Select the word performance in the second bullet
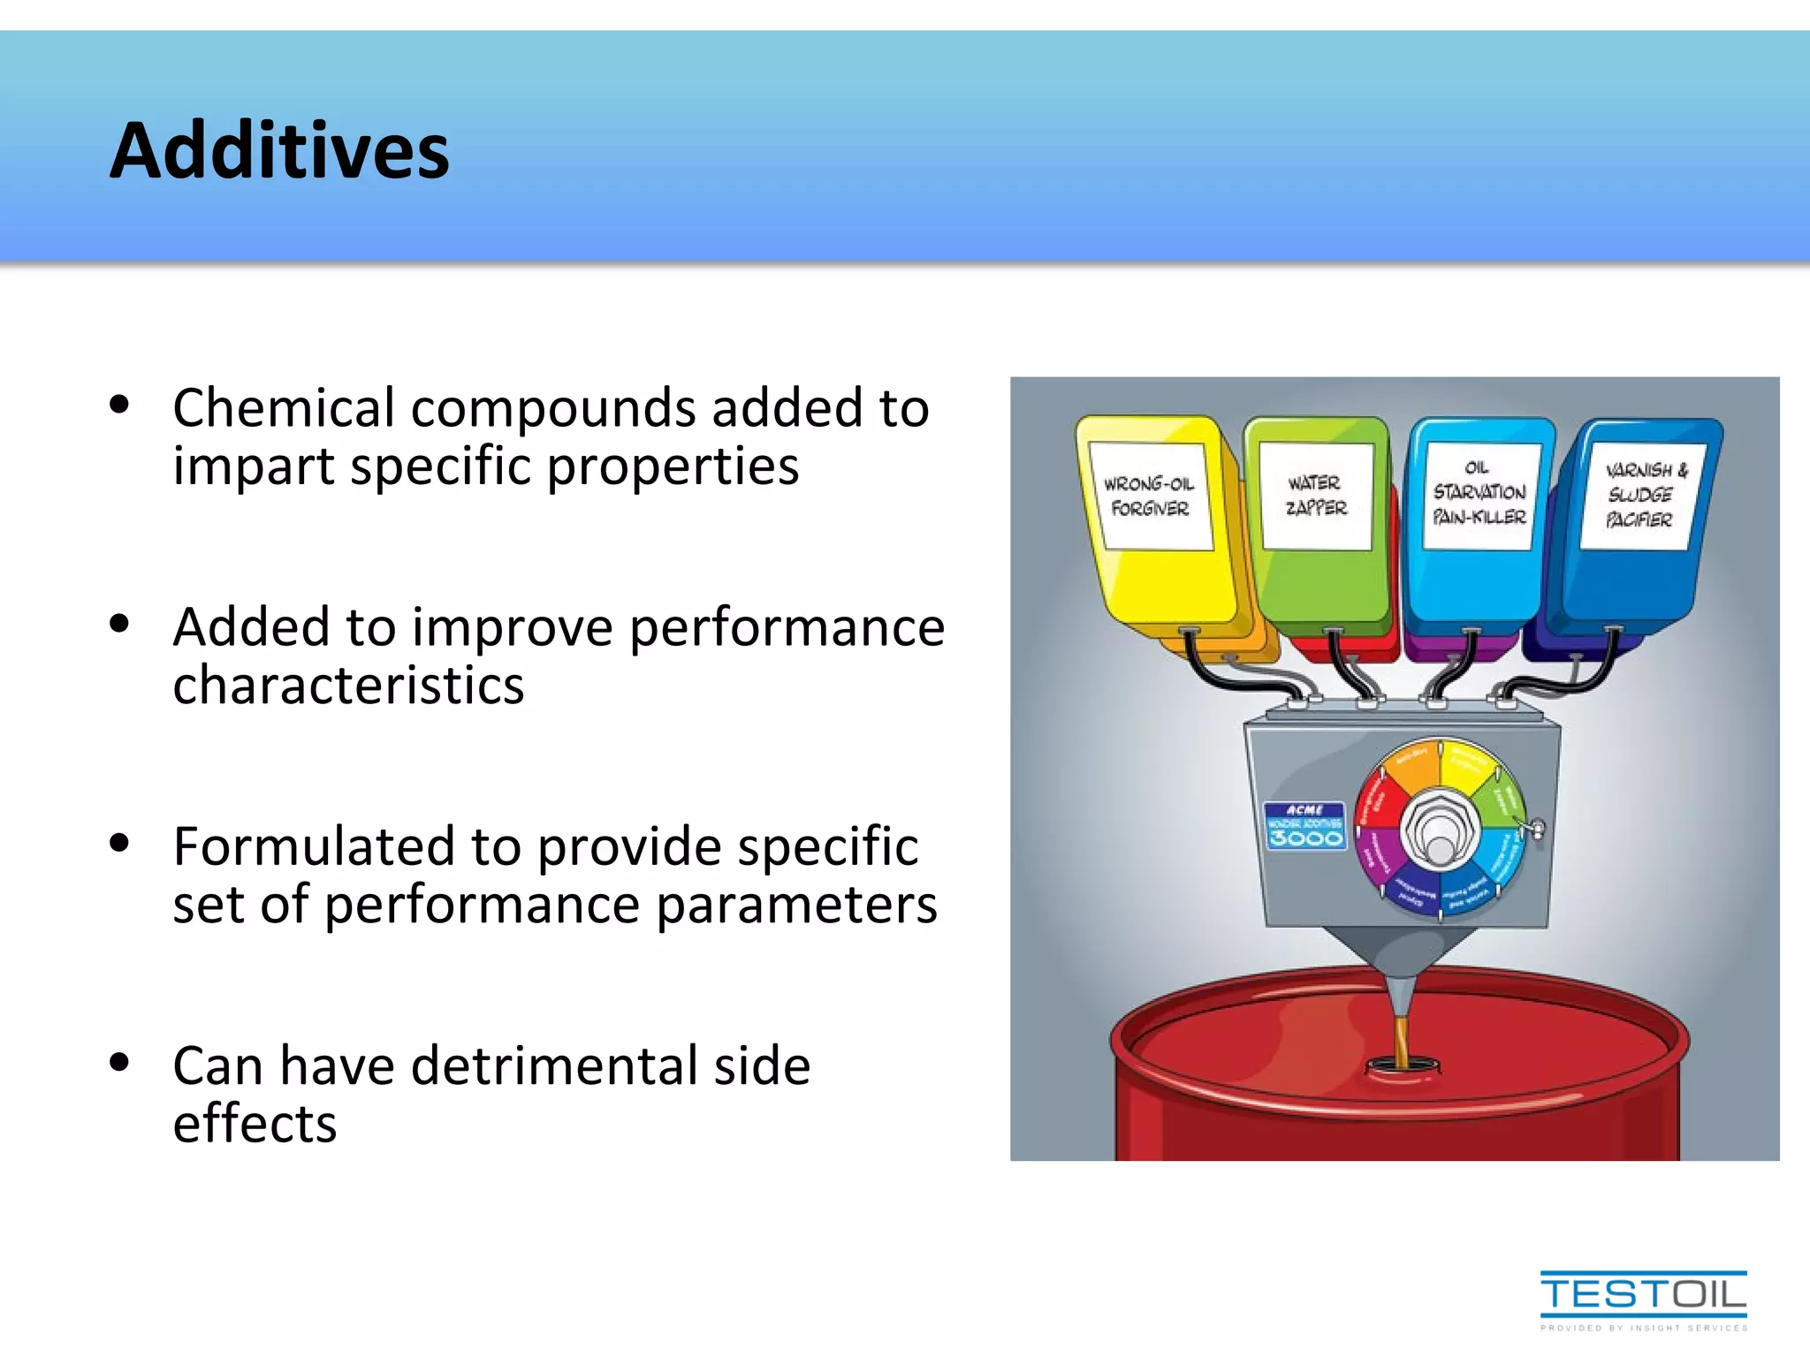[787, 627]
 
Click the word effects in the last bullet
[255, 1124]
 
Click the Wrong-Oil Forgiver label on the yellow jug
[1149, 496]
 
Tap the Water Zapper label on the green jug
[1315, 496]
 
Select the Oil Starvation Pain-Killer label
[1479, 494]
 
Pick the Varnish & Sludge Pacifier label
[1642, 496]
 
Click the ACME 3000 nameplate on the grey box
[1305, 826]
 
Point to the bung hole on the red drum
[1402, 1066]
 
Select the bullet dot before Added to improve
[119, 624]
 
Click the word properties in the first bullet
[673, 466]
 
